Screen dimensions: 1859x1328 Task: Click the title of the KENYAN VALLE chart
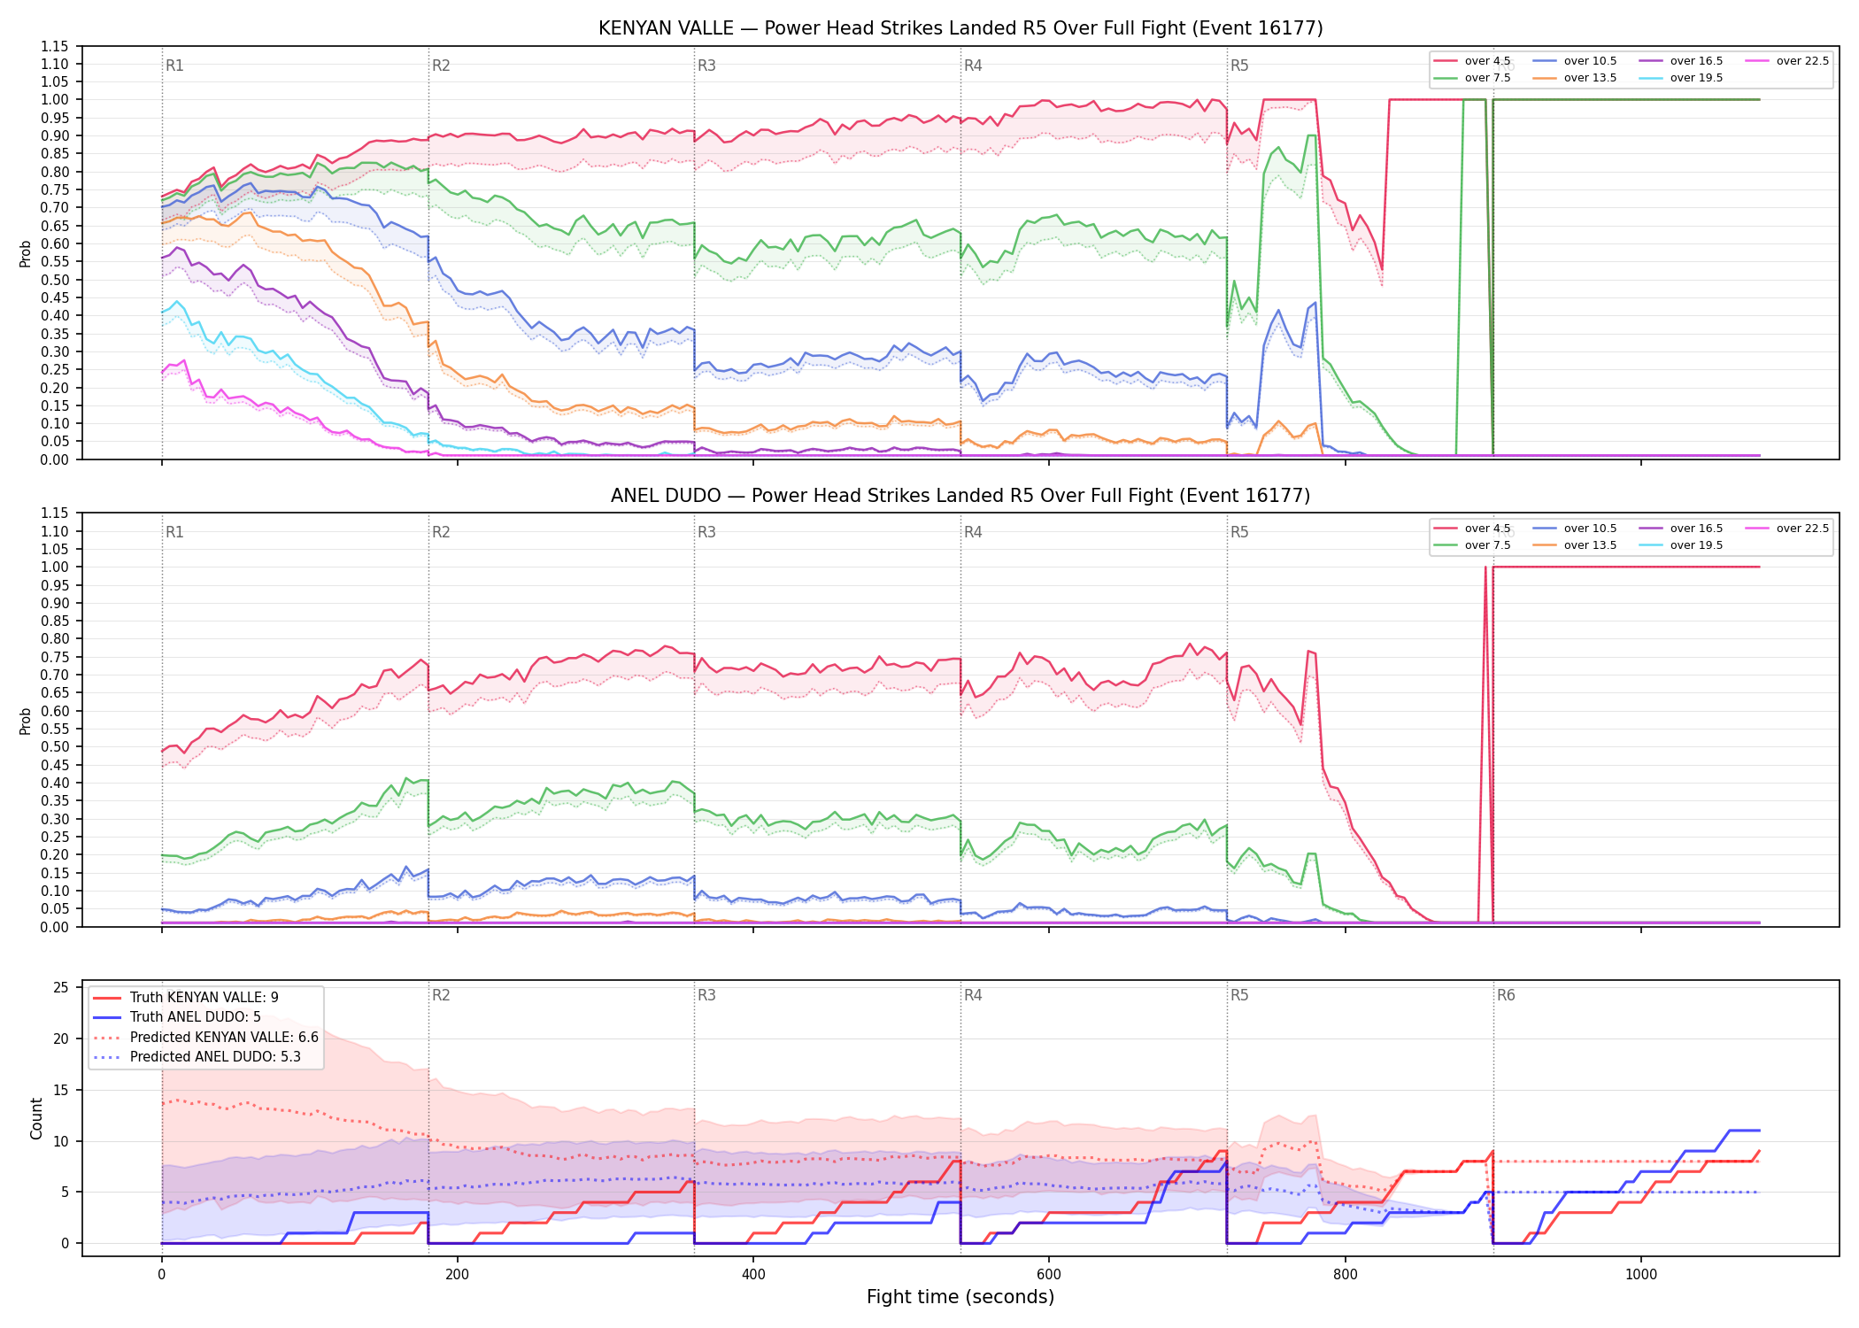960,28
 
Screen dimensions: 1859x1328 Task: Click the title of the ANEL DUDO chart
960,496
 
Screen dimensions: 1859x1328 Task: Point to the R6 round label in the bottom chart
1506,995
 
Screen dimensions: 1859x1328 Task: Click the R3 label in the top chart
706,66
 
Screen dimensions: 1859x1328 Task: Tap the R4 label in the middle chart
973,532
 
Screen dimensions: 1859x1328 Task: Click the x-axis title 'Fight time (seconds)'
960,1297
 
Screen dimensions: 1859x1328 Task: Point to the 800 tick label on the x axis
1345,1275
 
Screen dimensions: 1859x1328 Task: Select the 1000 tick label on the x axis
1640,1275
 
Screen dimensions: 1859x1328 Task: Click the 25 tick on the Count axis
61,988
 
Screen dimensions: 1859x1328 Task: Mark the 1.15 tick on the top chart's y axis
54,46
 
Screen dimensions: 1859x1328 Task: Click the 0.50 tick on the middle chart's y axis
54,746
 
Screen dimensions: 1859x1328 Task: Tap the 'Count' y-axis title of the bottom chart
36,1118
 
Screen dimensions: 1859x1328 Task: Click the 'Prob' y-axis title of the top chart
26,253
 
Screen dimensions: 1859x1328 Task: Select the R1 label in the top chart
174,66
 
